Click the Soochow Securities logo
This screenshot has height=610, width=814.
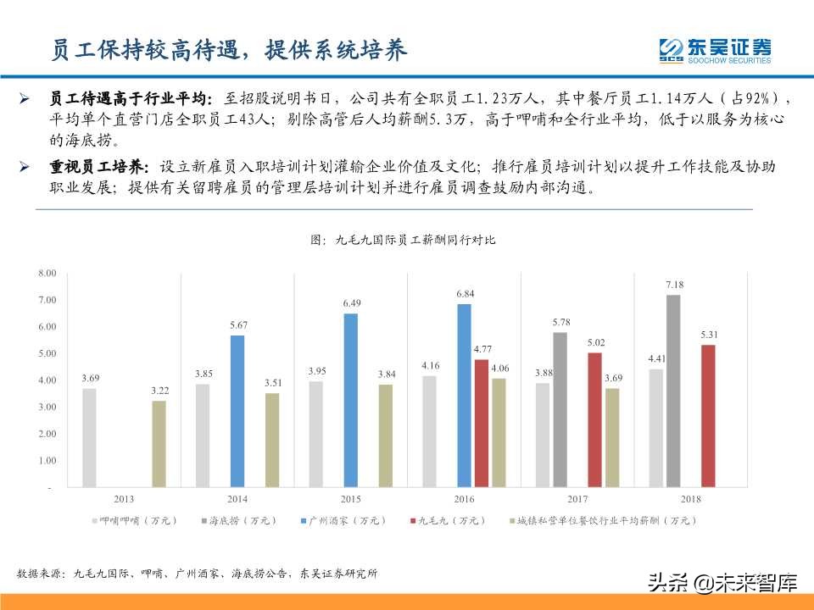tap(715, 50)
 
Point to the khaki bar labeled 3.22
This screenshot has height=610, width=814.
tap(159, 444)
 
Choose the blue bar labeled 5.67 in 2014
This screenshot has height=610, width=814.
tap(237, 411)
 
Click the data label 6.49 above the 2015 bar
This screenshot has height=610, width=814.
tap(351, 303)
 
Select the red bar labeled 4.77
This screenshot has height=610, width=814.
tap(482, 423)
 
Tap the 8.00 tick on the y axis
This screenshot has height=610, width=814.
tap(47, 273)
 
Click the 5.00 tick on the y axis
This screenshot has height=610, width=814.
tap(47, 353)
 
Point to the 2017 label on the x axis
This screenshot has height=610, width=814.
tap(577, 499)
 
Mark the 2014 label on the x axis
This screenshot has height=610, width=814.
tap(237, 499)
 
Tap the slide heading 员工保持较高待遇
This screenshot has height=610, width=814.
tap(144, 50)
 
